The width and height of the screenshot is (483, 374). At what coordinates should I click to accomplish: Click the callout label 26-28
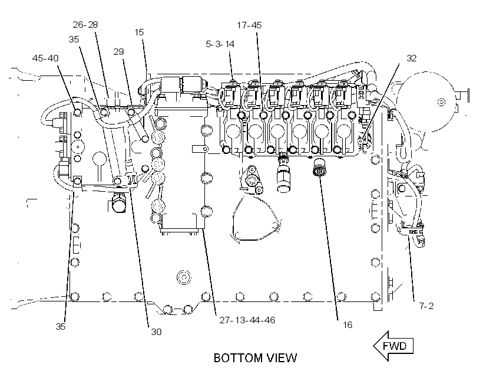pyautogui.click(x=85, y=25)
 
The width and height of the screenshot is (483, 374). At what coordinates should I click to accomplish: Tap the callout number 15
pyautogui.click(x=139, y=32)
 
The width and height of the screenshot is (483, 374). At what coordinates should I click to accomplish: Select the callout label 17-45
pyautogui.click(x=249, y=25)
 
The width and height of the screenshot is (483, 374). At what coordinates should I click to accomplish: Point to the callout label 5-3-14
pyautogui.click(x=220, y=44)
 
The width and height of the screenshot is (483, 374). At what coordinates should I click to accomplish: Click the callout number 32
pyautogui.click(x=412, y=58)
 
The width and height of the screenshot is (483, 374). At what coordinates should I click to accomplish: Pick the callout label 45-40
pyautogui.click(x=45, y=58)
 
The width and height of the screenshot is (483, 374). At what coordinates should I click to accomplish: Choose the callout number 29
pyautogui.click(x=118, y=52)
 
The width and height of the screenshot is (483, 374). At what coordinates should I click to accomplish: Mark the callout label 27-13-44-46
pyautogui.click(x=247, y=320)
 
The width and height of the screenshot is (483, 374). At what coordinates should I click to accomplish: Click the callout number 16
pyautogui.click(x=347, y=325)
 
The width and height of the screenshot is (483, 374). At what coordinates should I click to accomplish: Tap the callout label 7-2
pyautogui.click(x=426, y=306)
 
